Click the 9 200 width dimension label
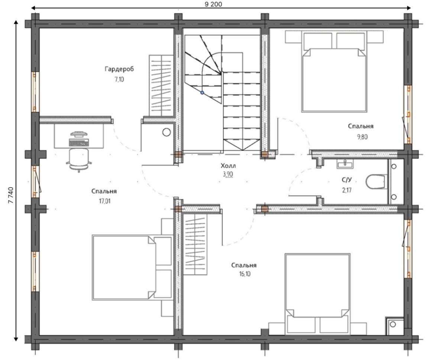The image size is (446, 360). [x=213, y=4]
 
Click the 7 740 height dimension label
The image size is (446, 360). [x=11, y=195]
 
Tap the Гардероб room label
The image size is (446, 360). [x=119, y=69]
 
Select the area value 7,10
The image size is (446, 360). [x=119, y=80]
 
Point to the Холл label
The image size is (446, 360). [x=228, y=166]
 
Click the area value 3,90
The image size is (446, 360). [x=228, y=174]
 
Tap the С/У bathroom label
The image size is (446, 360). [x=347, y=180]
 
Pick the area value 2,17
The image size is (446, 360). [x=347, y=190]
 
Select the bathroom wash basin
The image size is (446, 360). [x=345, y=163]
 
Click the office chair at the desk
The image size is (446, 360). [x=79, y=160]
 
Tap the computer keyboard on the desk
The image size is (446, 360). [x=79, y=143]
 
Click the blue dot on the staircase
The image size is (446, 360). [x=202, y=93]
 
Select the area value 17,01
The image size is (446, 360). [x=104, y=201]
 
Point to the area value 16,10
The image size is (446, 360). [x=245, y=274]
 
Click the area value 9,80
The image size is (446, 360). [x=362, y=137]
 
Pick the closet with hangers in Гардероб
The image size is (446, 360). [x=161, y=85]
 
